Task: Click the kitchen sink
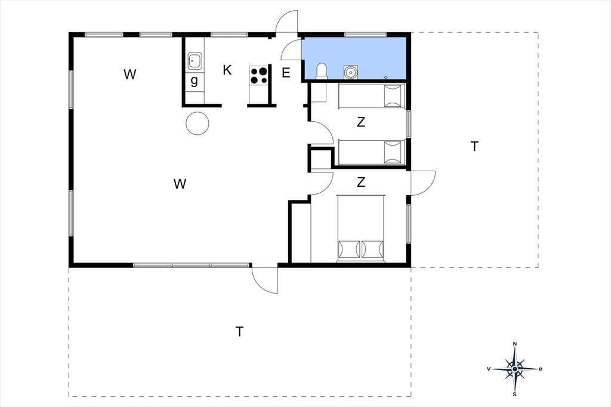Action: click(195, 61)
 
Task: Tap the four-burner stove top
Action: click(259, 75)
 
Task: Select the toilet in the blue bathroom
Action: click(322, 72)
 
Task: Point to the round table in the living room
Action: click(198, 123)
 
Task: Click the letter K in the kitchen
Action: click(227, 70)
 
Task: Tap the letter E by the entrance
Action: click(286, 73)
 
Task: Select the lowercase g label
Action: click(194, 81)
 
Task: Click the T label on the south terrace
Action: click(240, 331)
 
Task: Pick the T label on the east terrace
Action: click(474, 146)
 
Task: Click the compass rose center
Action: click(515, 369)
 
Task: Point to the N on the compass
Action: click(515, 344)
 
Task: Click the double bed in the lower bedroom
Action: click(361, 228)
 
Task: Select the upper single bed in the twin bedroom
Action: click(372, 96)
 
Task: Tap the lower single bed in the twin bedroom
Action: click(372, 152)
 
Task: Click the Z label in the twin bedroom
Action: click(361, 122)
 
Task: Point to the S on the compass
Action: click(515, 394)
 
